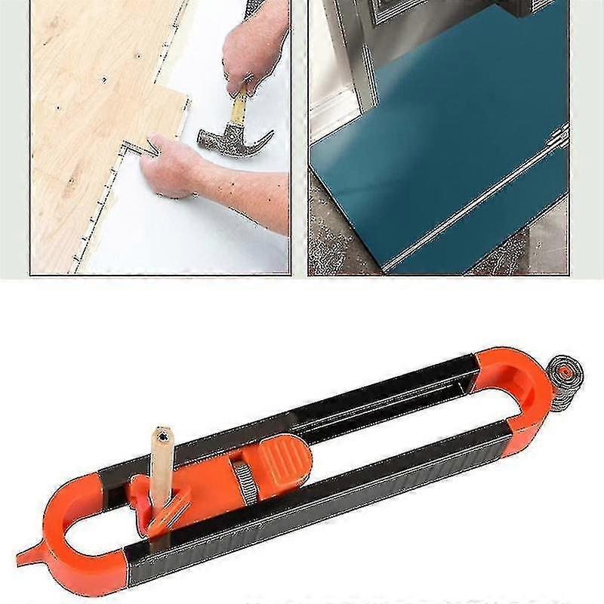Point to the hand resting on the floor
pyautogui.click(x=170, y=166)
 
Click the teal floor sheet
pyautogui.click(x=438, y=151)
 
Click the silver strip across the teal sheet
pyautogui.click(x=468, y=204)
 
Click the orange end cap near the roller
pyautogui.click(x=513, y=393)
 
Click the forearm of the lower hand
pyautogui.click(x=242, y=196)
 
